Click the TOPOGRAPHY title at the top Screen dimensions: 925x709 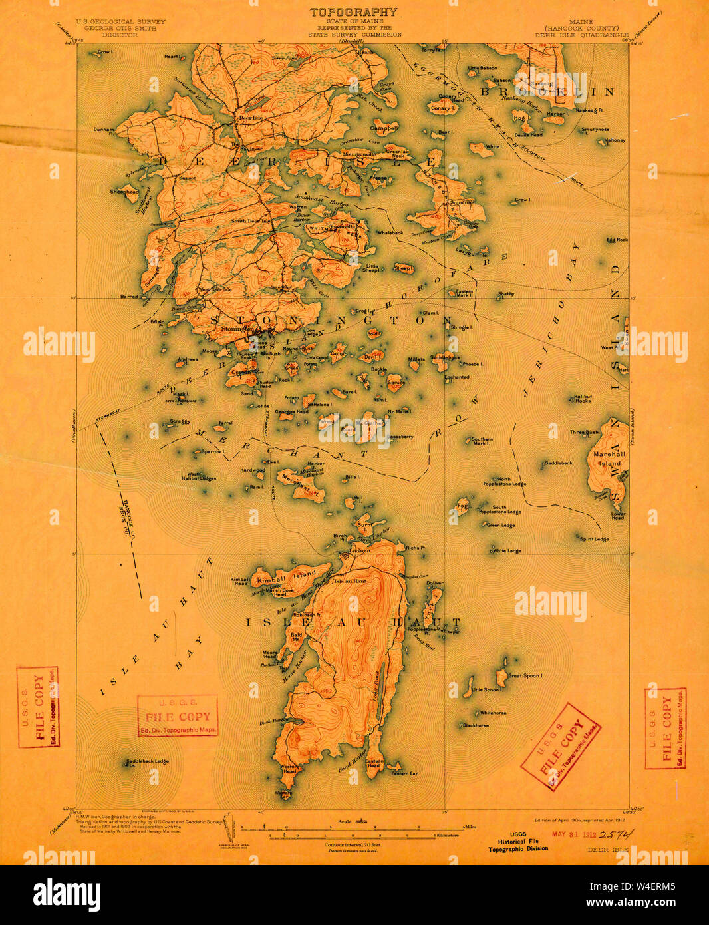(353, 12)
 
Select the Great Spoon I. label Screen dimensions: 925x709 (525, 675)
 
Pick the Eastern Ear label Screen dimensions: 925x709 (404, 773)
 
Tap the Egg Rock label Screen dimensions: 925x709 (617, 240)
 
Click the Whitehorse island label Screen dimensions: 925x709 (493, 713)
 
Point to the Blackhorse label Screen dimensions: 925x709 (476, 725)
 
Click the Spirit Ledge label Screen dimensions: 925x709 (594, 539)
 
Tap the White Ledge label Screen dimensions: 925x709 (507, 550)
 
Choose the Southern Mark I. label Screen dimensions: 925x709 (482, 441)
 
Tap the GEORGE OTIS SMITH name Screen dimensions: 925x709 (120, 28)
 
